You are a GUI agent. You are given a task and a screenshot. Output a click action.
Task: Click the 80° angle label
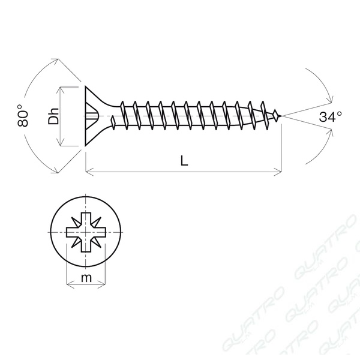click(x=23, y=115)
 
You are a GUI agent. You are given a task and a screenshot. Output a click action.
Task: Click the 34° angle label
click(x=331, y=117)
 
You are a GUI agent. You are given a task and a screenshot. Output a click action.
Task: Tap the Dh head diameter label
click(x=53, y=116)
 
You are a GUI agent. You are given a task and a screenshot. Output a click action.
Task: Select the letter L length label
click(x=184, y=160)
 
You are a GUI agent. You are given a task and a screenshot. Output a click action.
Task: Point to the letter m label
click(x=86, y=278)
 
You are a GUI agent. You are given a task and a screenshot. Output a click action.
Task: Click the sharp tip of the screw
click(x=281, y=116)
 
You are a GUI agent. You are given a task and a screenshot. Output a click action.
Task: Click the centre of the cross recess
click(x=86, y=232)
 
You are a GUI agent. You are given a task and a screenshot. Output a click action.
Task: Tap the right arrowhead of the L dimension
click(x=278, y=172)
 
